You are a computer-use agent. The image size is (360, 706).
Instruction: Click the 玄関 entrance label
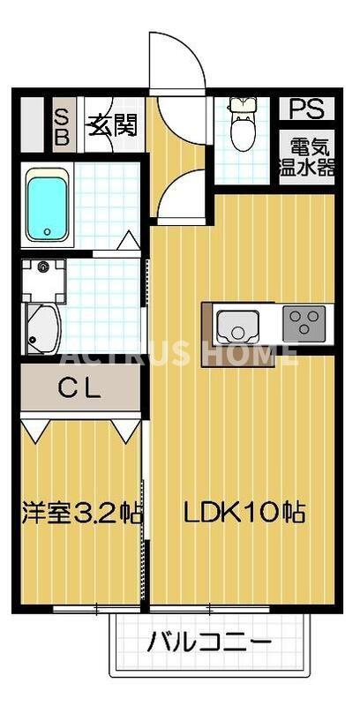(110, 126)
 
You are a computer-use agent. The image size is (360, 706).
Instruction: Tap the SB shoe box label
(63, 126)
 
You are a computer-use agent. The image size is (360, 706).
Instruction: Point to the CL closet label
(80, 387)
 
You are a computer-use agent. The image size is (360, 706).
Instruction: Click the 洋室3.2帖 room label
(81, 512)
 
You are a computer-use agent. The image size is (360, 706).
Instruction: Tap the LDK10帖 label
(244, 512)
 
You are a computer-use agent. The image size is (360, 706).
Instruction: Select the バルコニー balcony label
(209, 642)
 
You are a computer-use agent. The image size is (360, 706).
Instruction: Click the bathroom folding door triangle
(129, 240)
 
